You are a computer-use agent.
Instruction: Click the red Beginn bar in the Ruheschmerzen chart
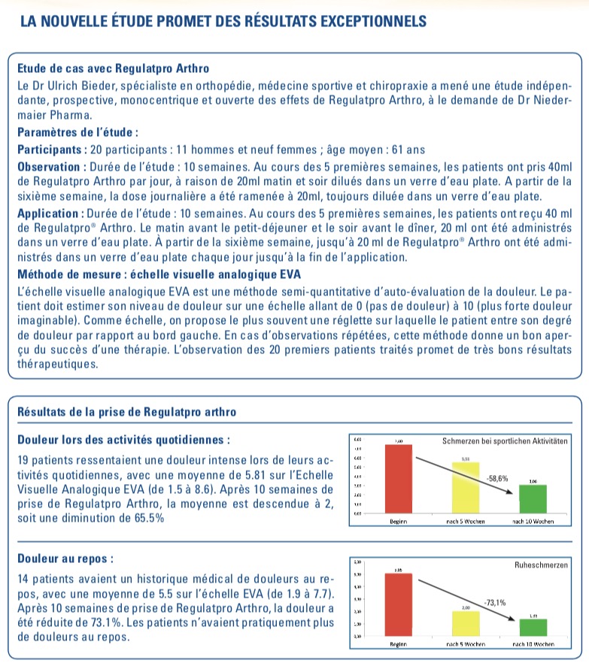(x=398, y=606)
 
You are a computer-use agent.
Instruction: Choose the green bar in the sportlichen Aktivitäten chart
(x=533, y=498)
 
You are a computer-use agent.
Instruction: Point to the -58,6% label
(x=497, y=477)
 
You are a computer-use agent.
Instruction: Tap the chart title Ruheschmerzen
(x=540, y=564)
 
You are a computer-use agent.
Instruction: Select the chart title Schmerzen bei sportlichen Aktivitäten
(x=502, y=440)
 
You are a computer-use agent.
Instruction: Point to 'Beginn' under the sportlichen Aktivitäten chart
(x=399, y=520)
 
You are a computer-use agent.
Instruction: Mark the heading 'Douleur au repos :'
(x=65, y=560)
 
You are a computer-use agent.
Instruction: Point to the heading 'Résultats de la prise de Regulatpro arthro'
(x=126, y=412)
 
